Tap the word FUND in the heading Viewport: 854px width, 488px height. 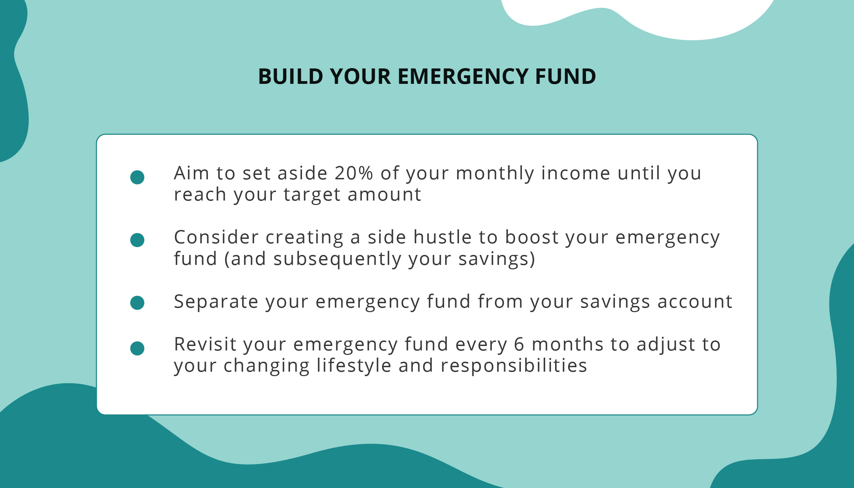coord(565,76)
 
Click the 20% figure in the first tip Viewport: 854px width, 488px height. coord(354,173)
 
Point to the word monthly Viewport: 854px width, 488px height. coord(495,174)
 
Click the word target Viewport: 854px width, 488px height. coord(312,195)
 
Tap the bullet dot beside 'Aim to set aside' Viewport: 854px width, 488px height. coord(137,177)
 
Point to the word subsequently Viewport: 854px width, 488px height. coord(337,260)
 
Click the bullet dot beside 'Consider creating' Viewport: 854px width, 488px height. coord(137,240)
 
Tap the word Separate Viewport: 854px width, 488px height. coord(216,302)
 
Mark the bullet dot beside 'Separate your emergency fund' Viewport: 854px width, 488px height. coord(137,303)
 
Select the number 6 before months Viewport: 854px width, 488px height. coord(519,345)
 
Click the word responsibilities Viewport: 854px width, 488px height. coord(514,367)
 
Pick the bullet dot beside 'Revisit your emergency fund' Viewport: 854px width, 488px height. coord(137,348)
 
